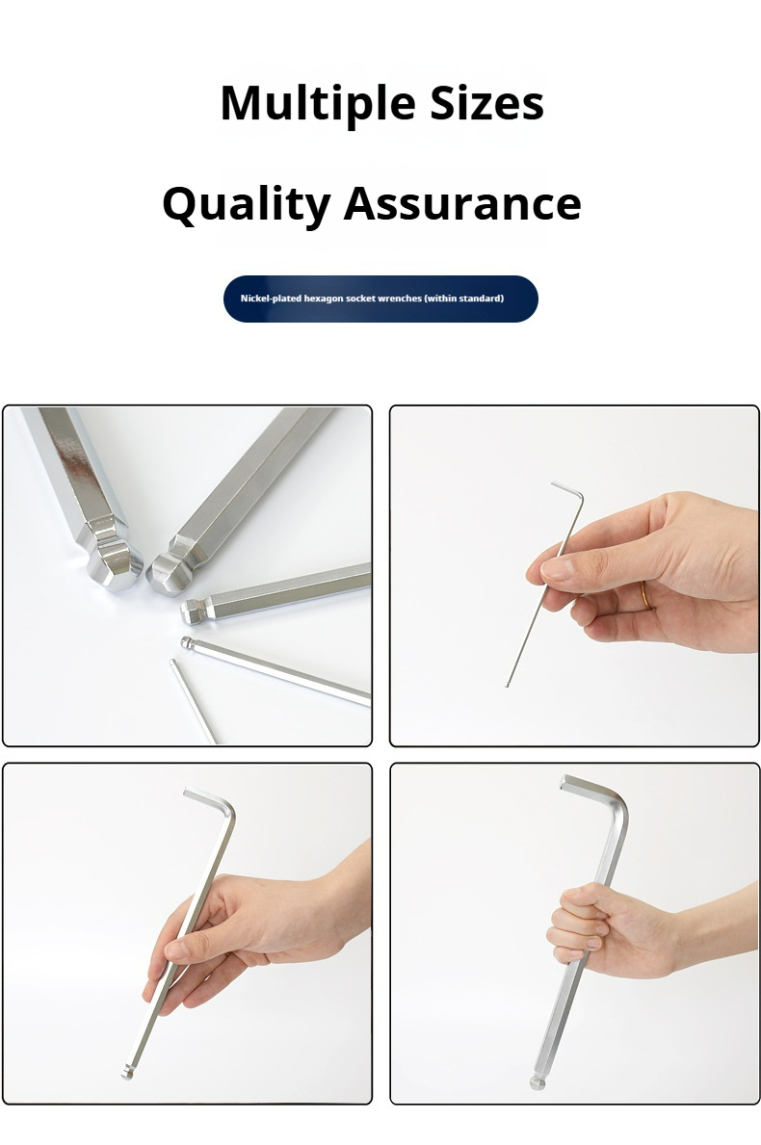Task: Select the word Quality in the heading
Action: (246, 204)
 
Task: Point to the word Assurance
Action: (462, 203)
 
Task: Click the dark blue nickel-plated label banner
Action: (380, 299)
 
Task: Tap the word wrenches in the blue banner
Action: (400, 299)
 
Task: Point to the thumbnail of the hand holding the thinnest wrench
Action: (574, 576)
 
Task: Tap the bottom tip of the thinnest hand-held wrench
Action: (507, 685)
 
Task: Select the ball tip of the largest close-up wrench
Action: (115, 568)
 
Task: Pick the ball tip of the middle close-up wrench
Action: (191, 612)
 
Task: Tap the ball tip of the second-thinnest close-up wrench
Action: (186, 643)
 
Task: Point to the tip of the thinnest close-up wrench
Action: (173, 663)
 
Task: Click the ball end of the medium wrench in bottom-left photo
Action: (127, 1071)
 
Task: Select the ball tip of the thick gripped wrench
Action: (538, 1082)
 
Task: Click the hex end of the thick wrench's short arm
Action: (564, 782)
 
